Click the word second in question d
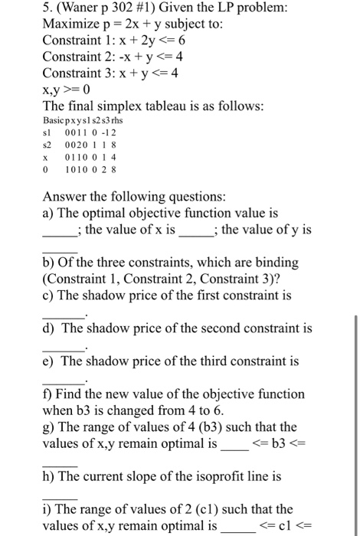[x=211, y=328]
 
